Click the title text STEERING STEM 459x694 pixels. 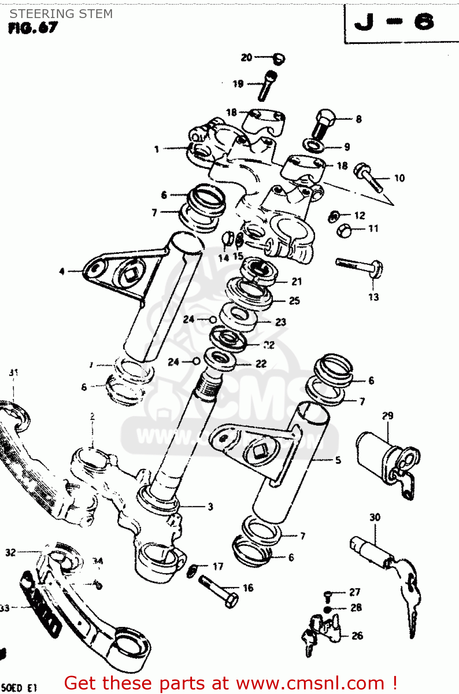61,14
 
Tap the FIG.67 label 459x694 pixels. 33,28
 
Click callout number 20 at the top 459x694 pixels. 246,57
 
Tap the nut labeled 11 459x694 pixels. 344,230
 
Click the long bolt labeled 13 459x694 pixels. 360,266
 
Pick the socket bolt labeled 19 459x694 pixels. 267,85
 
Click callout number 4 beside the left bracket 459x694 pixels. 62,271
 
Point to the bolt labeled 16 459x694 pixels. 219,591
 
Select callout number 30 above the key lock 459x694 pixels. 375,517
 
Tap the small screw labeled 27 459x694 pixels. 328,594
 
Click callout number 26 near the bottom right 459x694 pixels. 357,636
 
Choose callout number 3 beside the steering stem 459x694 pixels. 210,507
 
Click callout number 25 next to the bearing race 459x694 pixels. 294,301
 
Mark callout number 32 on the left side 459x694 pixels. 11,552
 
